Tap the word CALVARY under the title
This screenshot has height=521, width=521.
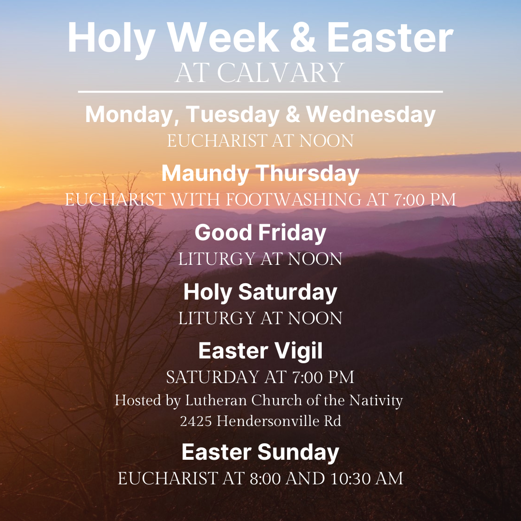(x=280, y=73)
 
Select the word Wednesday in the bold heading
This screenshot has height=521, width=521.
(x=371, y=115)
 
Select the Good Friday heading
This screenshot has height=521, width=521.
(x=260, y=233)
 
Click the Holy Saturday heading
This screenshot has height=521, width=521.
(x=260, y=293)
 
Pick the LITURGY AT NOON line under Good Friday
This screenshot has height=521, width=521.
(x=260, y=259)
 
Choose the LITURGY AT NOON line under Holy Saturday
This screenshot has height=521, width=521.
(x=260, y=318)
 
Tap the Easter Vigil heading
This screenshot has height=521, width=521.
(x=260, y=351)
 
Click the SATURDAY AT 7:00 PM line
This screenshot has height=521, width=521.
(x=260, y=377)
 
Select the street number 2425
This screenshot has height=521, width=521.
(x=196, y=421)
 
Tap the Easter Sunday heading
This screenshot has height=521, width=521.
(x=260, y=452)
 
